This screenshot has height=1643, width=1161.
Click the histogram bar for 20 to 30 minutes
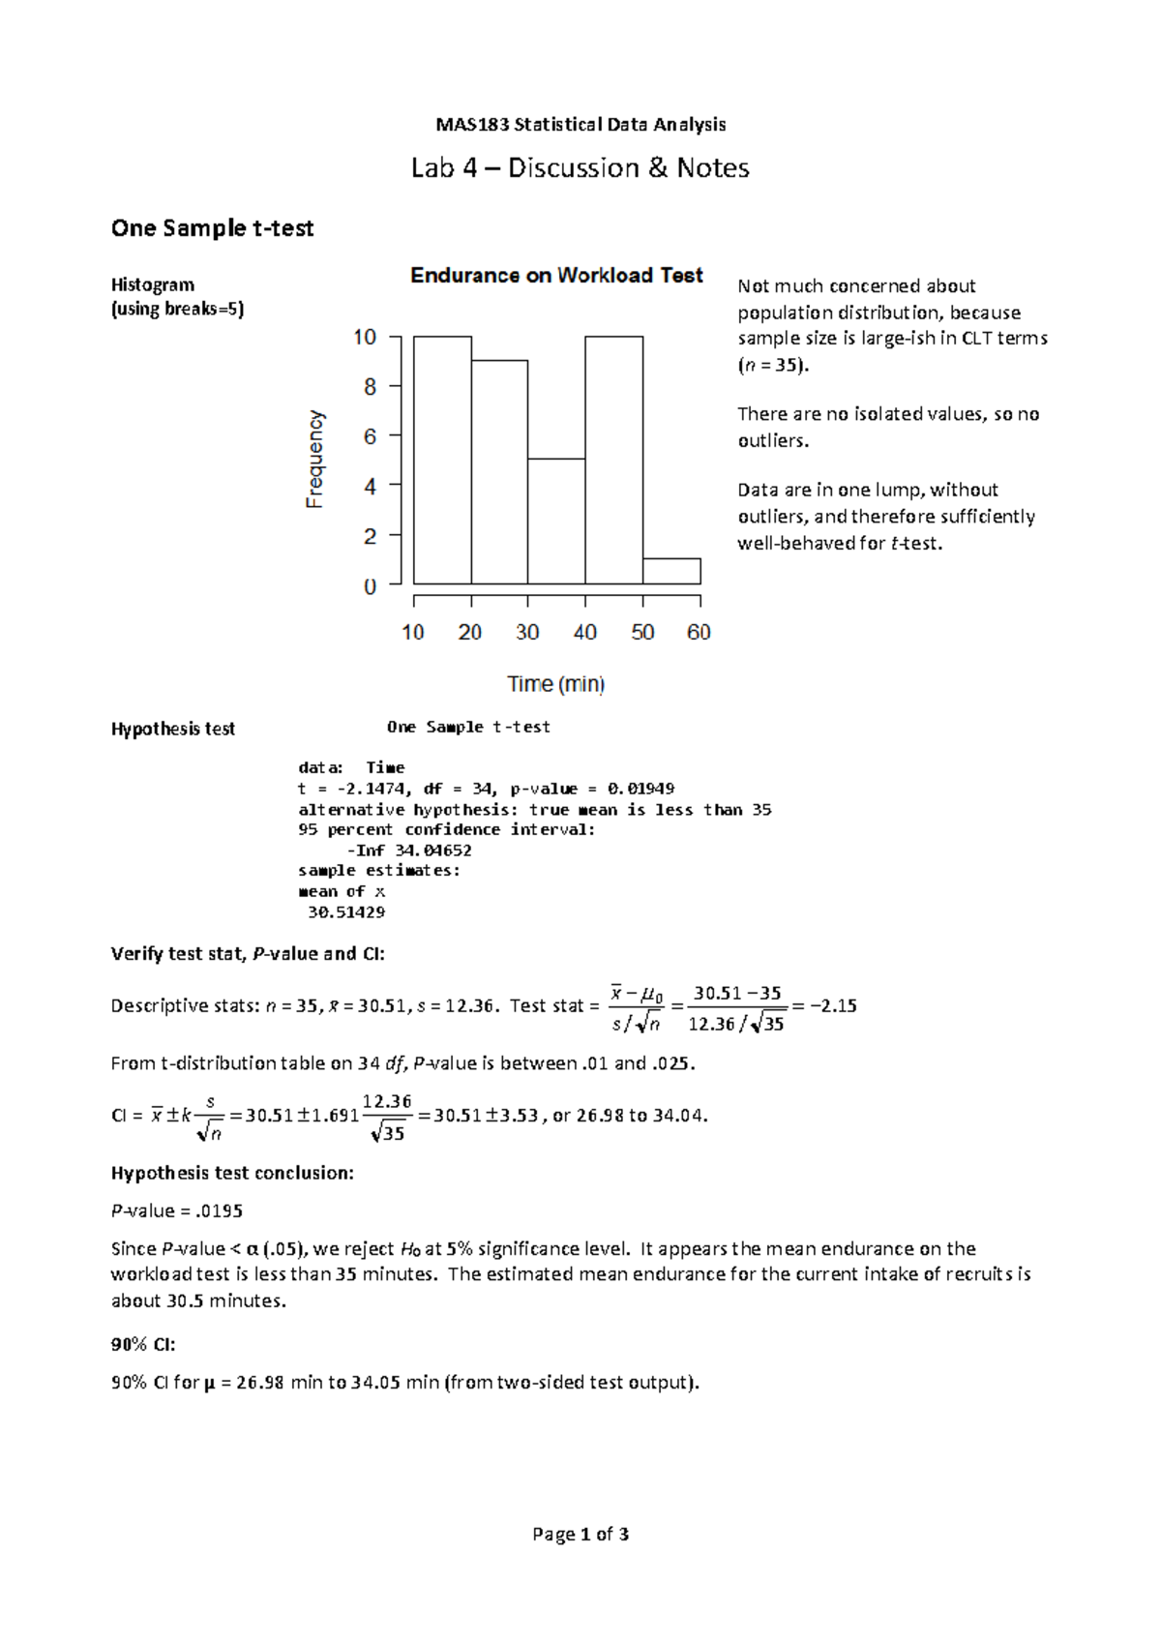click(500, 472)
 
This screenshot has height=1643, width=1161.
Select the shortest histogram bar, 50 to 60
click(671, 572)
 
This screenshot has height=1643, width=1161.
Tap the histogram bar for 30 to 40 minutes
click(556, 522)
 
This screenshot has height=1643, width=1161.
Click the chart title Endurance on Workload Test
click(556, 276)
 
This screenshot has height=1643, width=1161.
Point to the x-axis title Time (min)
click(556, 684)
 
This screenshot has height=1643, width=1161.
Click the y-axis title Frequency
click(315, 459)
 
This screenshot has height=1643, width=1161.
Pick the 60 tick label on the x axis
click(699, 633)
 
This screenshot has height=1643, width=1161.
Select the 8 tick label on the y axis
click(369, 387)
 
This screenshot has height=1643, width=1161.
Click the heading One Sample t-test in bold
click(212, 228)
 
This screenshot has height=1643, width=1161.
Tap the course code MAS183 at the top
click(472, 125)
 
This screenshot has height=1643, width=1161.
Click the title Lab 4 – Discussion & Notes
click(580, 168)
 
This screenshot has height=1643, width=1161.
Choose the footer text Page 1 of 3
click(580, 1535)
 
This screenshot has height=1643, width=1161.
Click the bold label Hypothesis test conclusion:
click(232, 1173)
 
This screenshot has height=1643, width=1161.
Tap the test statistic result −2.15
click(833, 1005)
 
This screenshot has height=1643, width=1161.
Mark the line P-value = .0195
click(177, 1211)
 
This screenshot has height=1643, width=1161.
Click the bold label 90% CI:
click(143, 1345)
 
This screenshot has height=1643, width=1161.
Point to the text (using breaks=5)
click(178, 310)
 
